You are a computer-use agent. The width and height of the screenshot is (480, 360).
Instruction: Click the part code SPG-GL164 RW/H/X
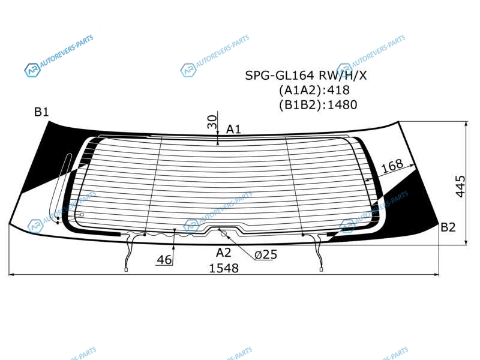point(305,76)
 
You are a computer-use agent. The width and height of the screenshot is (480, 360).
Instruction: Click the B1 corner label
point(41,112)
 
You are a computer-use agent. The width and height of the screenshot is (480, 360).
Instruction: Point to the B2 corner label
point(448,227)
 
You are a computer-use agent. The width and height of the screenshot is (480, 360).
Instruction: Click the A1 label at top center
point(233,130)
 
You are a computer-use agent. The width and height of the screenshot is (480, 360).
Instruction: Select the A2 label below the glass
point(223,253)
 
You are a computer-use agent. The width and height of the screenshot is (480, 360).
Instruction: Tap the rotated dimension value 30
point(212,122)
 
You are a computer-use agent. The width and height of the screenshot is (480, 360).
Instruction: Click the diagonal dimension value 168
point(392,166)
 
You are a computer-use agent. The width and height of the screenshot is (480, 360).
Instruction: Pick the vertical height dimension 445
point(460,187)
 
